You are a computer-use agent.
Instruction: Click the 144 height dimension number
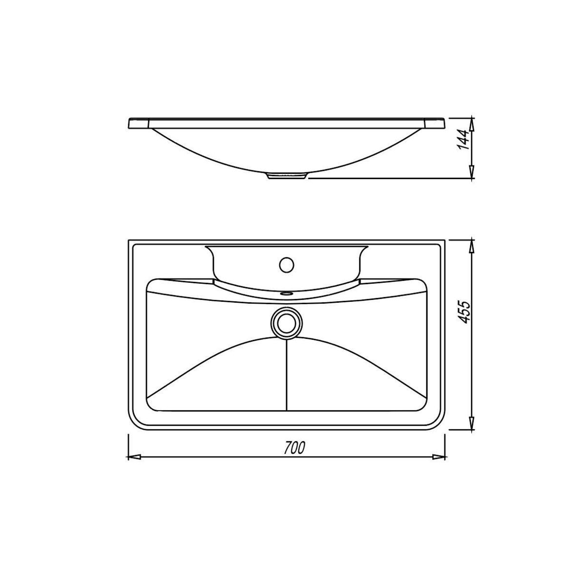(x=464, y=140)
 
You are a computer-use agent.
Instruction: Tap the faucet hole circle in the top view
(x=287, y=264)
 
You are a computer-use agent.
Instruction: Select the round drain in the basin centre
(x=287, y=323)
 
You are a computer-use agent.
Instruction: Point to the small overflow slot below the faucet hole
(x=287, y=293)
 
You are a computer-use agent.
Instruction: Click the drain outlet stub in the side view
(x=287, y=175)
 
